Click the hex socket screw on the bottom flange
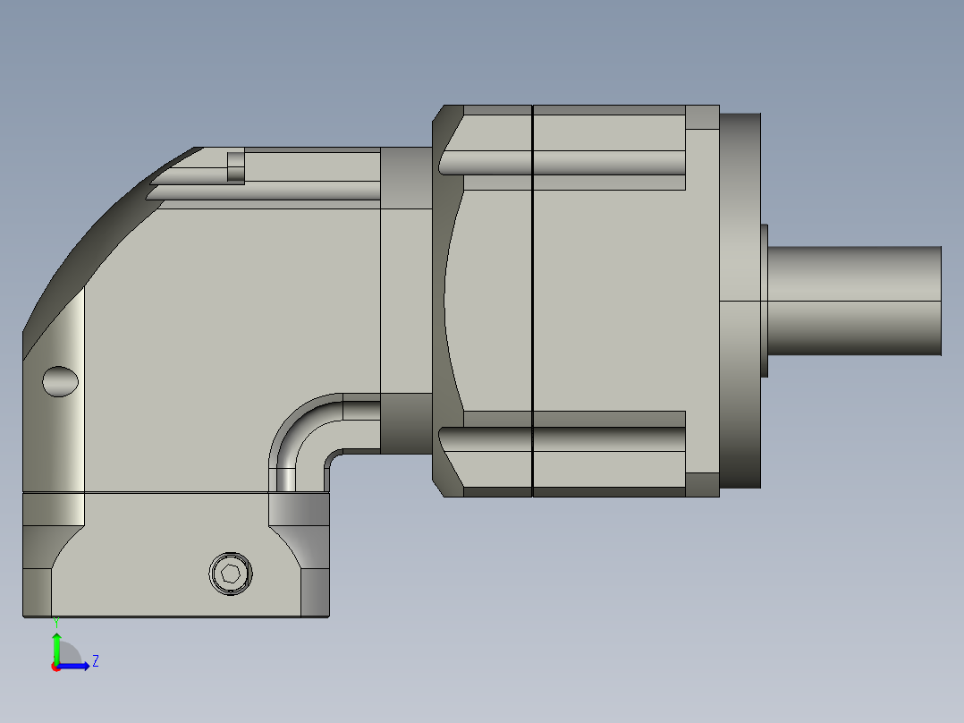pos(231,573)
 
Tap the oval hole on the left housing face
pos(61,381)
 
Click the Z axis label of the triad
pos(96,661)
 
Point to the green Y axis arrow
pos(56,646)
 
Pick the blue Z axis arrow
pos(77,666)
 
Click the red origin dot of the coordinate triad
pos(55,667)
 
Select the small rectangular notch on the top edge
pos(236,166)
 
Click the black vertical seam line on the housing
pos(532,301)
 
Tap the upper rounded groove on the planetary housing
pos(563,162)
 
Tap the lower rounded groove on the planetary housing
pos(563,439)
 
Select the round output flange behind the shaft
pos(740,301)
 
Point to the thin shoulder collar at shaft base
pos(765,301)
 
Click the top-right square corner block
pos(702,117)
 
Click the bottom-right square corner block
pos(702,484)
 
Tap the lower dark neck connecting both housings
pos(407,422)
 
